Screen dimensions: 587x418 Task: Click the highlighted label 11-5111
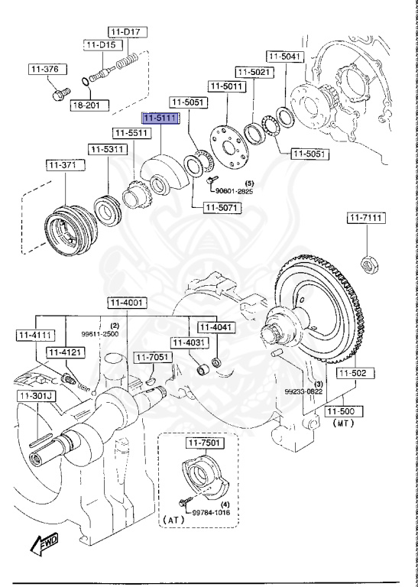coord(158,119)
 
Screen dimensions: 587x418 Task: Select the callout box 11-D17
coord(127,32)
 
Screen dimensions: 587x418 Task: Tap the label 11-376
coord(44,70)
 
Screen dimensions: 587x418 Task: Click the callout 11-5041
coord(285,57)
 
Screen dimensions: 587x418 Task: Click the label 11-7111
coord(367,219)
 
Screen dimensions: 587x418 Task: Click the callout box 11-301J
coord(35,396)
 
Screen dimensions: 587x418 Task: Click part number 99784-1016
coord(212,513)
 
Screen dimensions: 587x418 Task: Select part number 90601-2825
coord(234,191)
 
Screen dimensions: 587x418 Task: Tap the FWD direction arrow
coord(44,545)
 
